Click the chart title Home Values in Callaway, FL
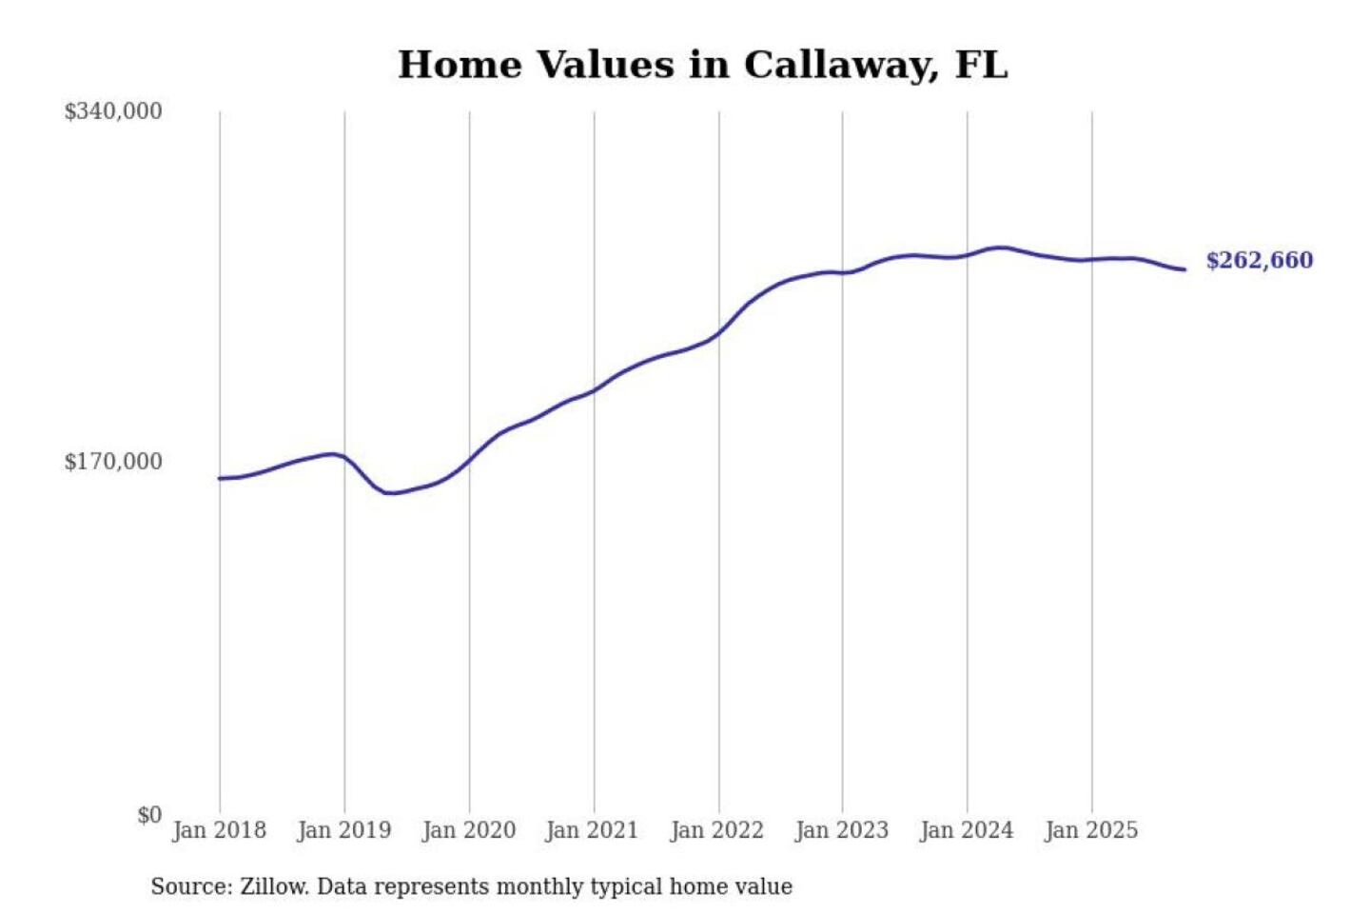point(702,65)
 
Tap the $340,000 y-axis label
point(113,111)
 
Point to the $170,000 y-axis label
point(113,462)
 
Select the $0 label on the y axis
point(149,815)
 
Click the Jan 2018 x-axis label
point(219,830)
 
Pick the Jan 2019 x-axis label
point(343,830)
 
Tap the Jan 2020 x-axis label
point(468,830)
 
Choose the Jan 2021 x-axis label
point(592,830)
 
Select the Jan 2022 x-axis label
point(716,830)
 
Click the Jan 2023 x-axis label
point(841,830)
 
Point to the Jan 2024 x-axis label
point(966,830)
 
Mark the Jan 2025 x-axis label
point(1090,830)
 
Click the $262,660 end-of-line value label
point(1259,261)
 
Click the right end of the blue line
point(1184,269)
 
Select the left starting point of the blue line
point(220,478)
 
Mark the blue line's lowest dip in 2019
point(390,493)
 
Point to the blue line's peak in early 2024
point(999,248)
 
